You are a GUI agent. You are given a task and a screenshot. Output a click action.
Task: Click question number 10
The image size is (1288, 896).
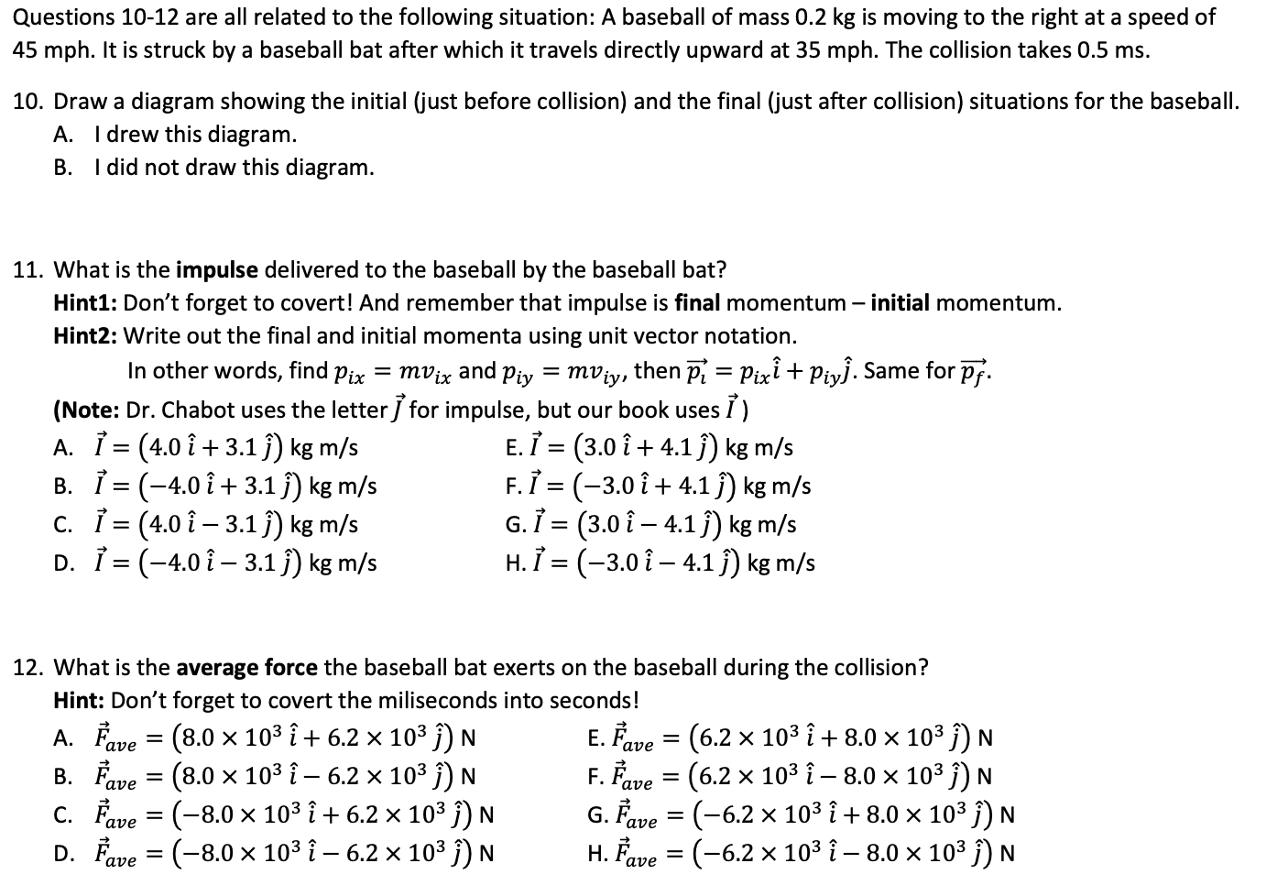(24, 102)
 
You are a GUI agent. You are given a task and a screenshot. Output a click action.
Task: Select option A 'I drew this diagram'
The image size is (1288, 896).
(194, 135)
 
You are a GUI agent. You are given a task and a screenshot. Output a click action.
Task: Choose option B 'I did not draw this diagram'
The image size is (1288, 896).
(234, 168)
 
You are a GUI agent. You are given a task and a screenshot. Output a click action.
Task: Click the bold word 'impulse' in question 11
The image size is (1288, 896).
(217, 270)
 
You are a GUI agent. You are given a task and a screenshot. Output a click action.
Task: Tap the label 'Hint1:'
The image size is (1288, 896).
(85, 303)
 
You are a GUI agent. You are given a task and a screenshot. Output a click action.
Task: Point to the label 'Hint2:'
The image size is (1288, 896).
(85, 336)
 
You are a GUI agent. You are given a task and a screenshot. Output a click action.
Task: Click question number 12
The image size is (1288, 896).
(24, 668)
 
